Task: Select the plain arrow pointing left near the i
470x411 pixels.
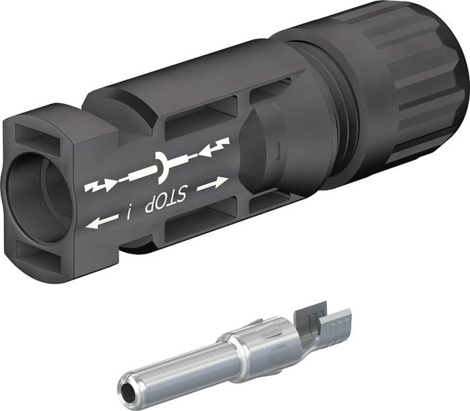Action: click(101, 221)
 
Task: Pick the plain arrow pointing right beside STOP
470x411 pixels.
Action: click(213, 182)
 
